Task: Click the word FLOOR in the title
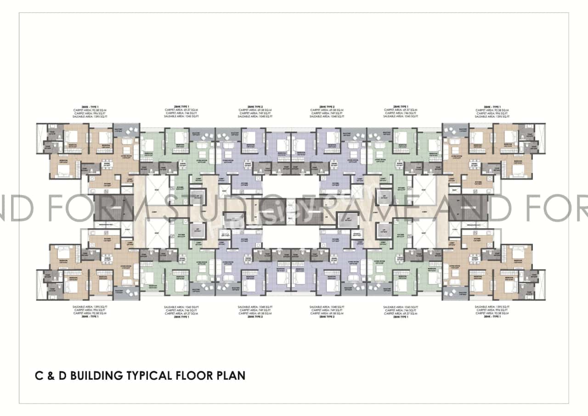tap(192, 375)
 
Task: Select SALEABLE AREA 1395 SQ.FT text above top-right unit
tap(492, 117)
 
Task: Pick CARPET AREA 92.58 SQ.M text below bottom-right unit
tap(492, 313)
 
